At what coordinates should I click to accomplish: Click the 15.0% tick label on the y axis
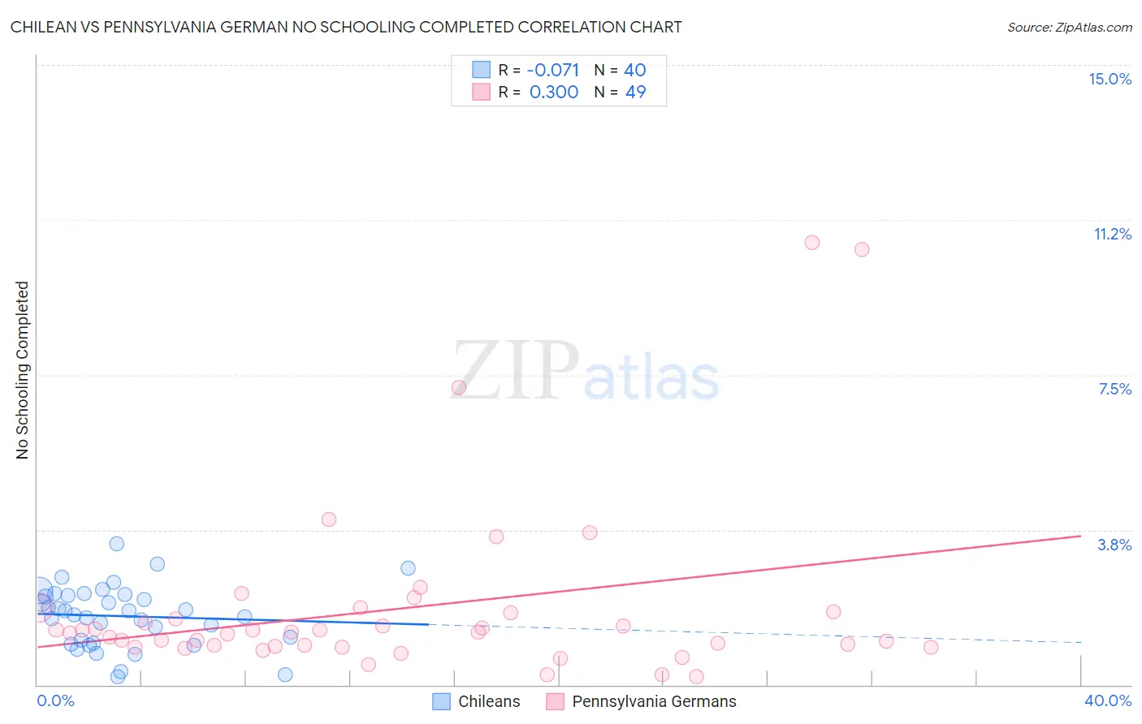point(1110,79)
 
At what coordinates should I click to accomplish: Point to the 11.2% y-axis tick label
point(1112,234)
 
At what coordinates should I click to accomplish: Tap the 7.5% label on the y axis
point(1114,389)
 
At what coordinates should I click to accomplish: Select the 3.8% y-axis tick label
point(1114,545)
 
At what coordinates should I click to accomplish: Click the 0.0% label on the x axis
point(56,700)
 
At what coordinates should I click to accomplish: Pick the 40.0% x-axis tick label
point(1107,700)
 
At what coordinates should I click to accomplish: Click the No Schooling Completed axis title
point(22,370)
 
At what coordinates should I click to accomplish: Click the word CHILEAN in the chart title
point(47,27)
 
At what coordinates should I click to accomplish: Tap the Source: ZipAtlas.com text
point(1069,27)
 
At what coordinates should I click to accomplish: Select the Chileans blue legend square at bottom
point(441,701)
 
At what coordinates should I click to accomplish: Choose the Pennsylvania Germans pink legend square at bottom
point(556,701)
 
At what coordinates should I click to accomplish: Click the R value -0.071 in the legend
point(553,70)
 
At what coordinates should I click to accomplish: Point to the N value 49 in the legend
point(635,92)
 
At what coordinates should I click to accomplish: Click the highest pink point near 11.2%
point(811,242)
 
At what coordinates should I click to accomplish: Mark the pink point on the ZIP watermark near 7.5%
point(458,387)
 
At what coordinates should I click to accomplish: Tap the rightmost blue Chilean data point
point(408,568)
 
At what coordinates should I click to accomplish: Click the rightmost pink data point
point(931,647)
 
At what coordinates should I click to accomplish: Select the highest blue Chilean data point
point(117,544)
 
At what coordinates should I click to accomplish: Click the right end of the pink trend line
point(1080,536)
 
